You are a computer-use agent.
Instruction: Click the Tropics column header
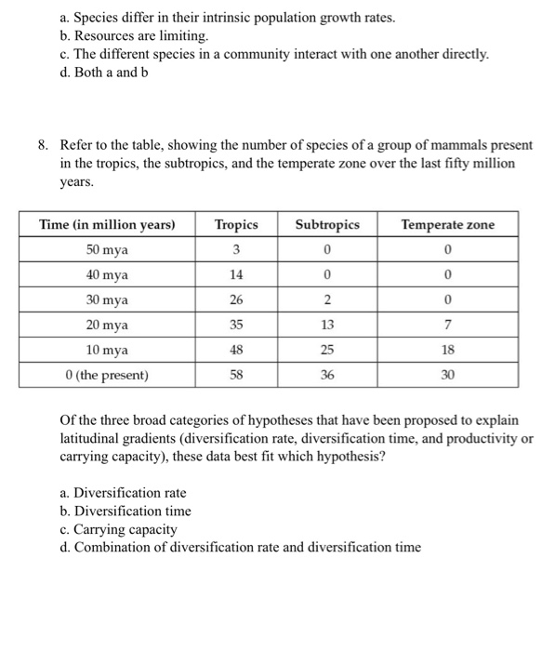coord(235,225)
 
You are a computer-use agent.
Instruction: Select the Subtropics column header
coord(326,225)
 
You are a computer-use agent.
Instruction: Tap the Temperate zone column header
coord(447,225)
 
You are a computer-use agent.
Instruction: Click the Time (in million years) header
coord(108,225)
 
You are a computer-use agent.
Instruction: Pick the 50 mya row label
coord(108,250)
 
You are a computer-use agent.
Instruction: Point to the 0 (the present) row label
coord(108,376)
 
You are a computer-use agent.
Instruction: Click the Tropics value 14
coord(235,275)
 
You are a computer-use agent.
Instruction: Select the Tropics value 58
coord(235,376)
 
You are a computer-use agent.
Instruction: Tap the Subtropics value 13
coord(326,325)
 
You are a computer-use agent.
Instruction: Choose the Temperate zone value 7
coord(447,325)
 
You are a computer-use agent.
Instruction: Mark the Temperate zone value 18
coord(447,351)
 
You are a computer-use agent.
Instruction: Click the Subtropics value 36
coord(326,376)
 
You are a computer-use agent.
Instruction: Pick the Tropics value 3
coord(235,250)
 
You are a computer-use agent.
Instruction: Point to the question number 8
coord(43,146)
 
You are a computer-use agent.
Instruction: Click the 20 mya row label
coord(108,325)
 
